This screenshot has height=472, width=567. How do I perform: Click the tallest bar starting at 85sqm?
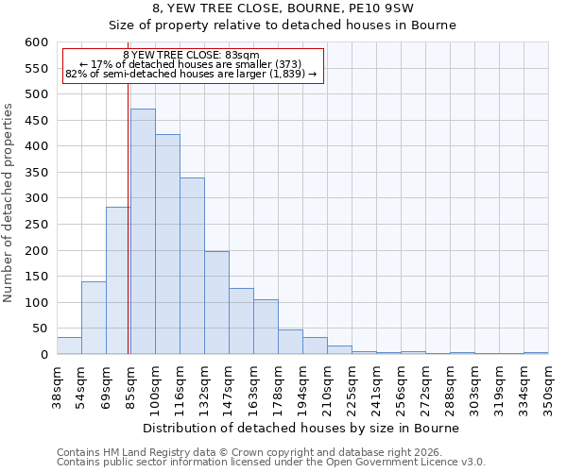pos(143,231)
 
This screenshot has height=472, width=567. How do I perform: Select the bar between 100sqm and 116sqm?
pos(167,244)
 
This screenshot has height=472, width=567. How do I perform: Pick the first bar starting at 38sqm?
pos(69,346)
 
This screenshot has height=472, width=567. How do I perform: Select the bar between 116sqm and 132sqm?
pos(192,266)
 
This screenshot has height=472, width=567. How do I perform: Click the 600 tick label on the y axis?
pos(36,42)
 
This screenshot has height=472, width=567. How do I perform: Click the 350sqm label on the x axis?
pos(548,385)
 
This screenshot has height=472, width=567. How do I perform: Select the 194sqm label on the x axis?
pos(302,385)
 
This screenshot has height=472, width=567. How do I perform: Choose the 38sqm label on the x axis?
pos(57,385)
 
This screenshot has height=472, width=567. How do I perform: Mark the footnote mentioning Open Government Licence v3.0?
pos(271,463)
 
